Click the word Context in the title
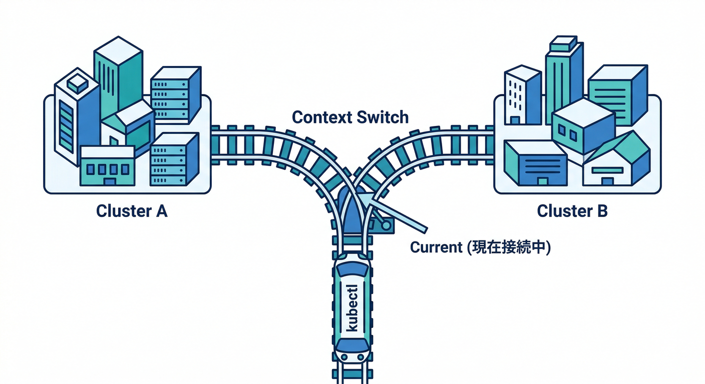tap(320, 117)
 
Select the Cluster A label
tap(132, 211)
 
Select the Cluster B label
tap(572, 211)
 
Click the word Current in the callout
tap(436, 247)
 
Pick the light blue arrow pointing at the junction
tap(396, 212)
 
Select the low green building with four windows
tap(107, 167)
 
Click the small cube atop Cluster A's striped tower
tap(78, 83)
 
